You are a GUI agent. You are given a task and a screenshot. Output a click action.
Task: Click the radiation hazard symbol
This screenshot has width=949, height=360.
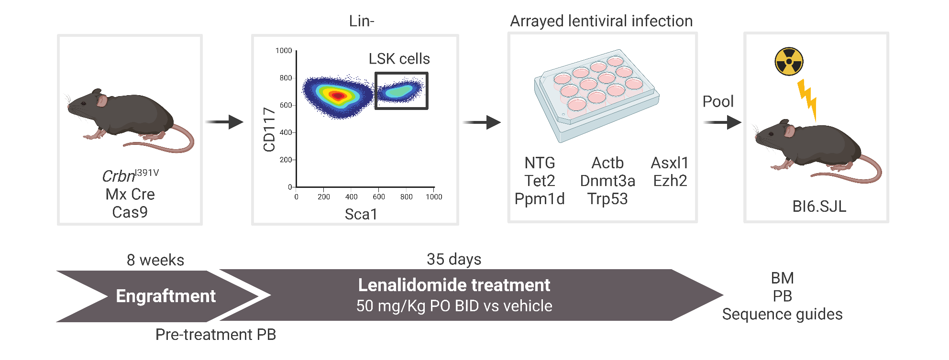789,62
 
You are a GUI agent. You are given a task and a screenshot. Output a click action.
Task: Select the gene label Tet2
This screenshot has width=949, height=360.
540,181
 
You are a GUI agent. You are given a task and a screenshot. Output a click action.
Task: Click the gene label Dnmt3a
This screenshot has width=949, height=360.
607,181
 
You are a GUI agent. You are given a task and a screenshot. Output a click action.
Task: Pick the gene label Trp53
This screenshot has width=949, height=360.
607,199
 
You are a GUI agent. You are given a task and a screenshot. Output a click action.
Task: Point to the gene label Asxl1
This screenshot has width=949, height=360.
670,163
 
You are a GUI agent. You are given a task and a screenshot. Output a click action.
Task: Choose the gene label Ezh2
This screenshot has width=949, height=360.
670,181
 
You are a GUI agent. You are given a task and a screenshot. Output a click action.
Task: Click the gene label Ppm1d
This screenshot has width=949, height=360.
540,199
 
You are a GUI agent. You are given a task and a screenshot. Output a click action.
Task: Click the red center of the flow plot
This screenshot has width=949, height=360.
338,96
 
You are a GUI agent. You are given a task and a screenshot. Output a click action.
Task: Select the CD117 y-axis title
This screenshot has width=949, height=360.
269,130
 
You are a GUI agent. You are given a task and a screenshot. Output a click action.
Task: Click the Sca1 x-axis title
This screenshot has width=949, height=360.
361,214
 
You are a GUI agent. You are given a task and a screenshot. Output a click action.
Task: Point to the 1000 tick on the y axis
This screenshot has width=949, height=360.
284,51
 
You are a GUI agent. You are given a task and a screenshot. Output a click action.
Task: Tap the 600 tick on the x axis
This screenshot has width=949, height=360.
379,196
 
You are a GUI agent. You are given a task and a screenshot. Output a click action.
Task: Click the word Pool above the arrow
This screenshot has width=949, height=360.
718,101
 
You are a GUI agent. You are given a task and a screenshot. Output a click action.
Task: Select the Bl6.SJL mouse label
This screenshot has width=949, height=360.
819,206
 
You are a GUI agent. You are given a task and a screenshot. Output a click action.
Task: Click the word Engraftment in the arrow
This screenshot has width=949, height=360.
166,296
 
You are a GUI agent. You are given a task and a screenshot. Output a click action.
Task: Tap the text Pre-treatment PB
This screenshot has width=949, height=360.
216,334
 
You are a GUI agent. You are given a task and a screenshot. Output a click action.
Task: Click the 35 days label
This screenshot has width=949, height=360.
454,259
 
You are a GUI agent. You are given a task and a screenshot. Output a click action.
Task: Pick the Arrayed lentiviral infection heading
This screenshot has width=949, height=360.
601,21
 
